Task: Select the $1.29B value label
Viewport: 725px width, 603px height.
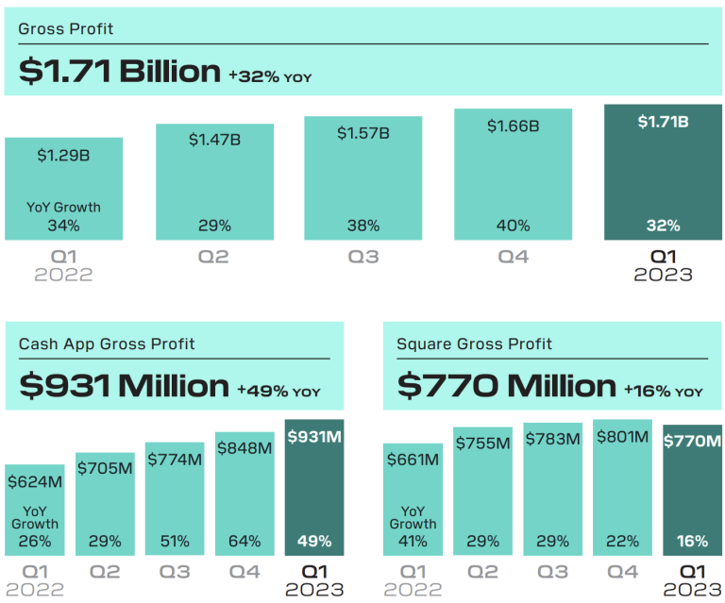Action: (63, 155)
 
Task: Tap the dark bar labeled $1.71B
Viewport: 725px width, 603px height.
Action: (663, 172)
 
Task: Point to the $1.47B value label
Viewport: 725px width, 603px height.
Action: (214, 140)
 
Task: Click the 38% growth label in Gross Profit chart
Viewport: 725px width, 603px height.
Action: (362, 226)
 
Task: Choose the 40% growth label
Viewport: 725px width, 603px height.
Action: (513, 226)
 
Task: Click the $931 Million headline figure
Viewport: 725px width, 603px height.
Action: (124, 385)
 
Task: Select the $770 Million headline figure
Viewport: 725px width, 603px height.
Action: (506, 385)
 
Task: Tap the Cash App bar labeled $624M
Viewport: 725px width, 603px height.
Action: (35, 510)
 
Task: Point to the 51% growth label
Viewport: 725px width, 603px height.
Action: (175, 542)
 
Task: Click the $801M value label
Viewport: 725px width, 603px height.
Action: (622, 437)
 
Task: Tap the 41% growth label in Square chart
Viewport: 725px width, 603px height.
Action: (413, 542)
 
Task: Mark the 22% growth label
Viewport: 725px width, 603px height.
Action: (622, 542)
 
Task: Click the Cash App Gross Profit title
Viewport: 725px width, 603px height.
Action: (107, 343)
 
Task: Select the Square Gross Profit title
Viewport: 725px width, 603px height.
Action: (475, 343)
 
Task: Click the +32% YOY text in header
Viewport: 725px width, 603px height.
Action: (269, 76)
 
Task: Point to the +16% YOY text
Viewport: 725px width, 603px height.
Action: (663, 391)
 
